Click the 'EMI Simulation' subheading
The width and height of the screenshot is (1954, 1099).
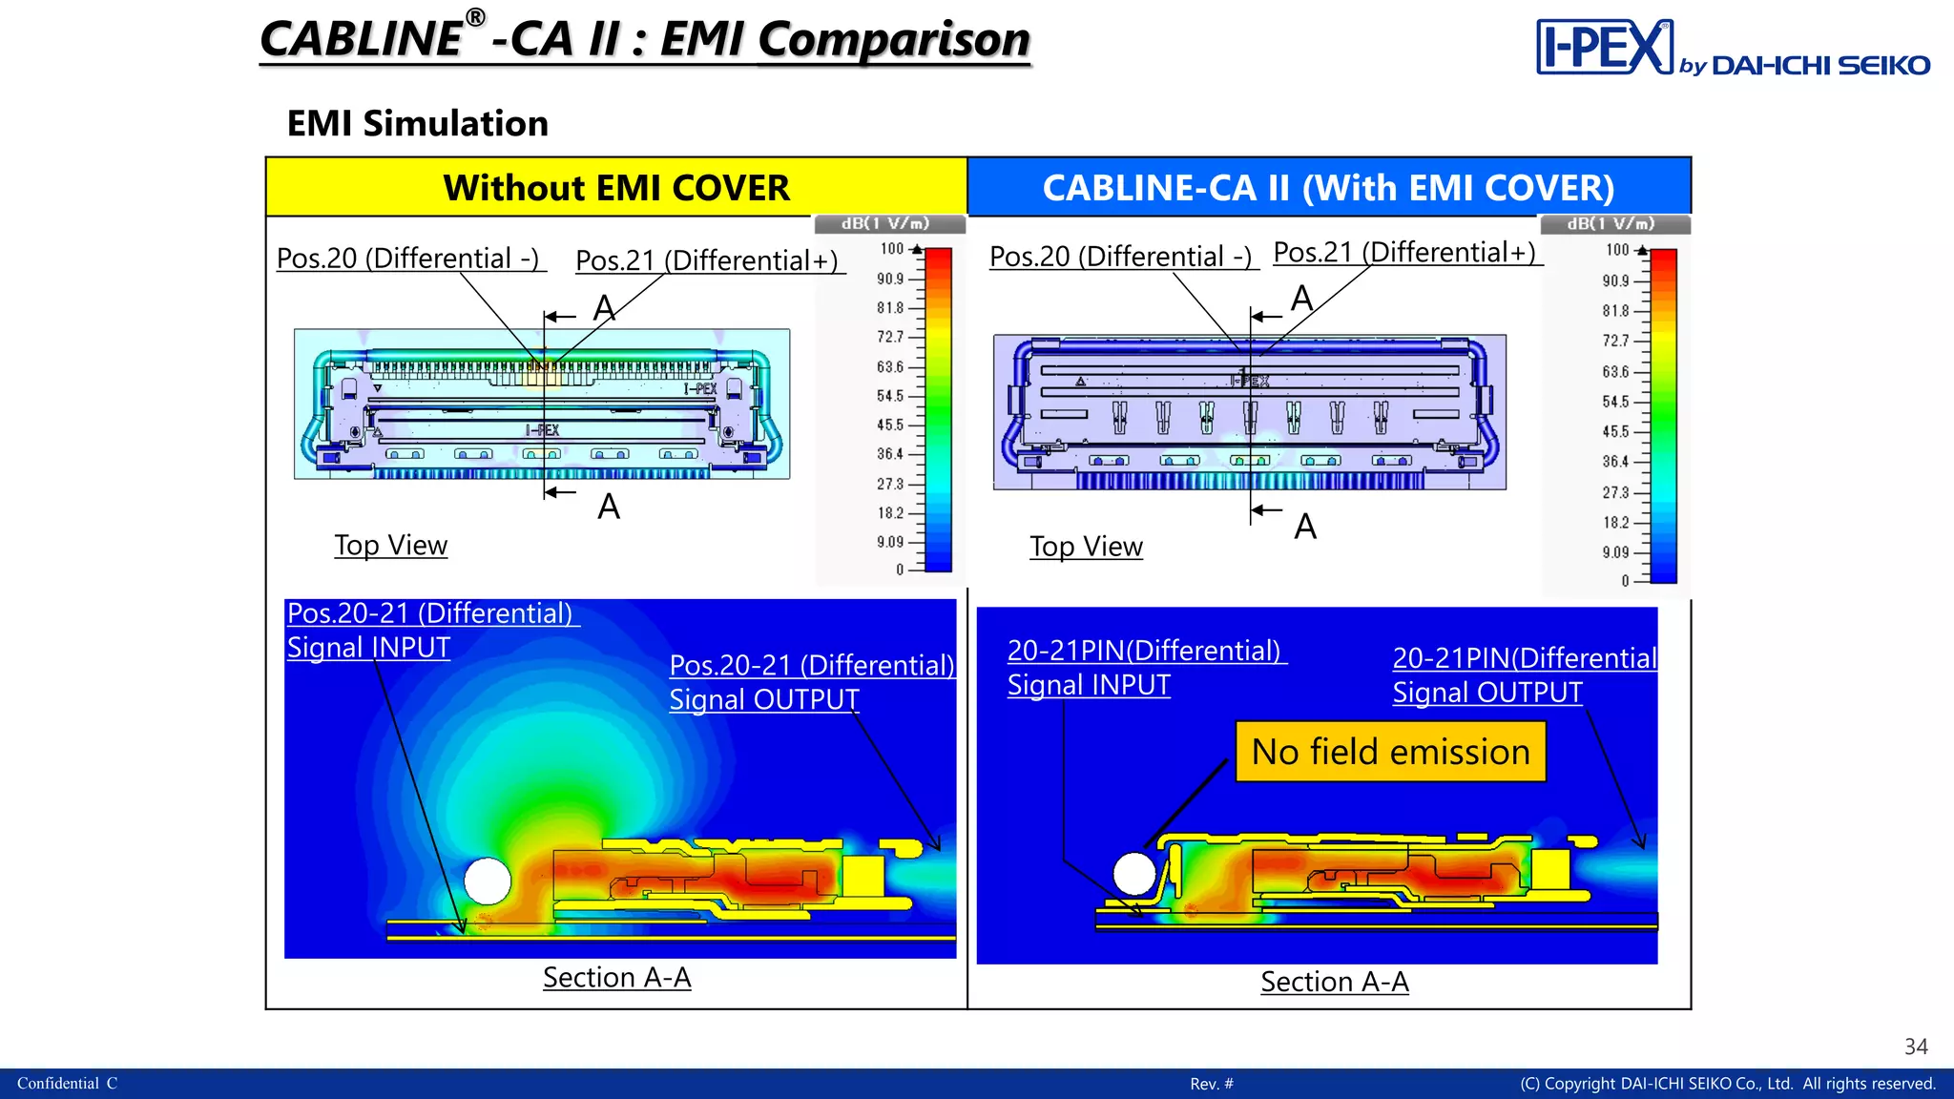click(418, 123)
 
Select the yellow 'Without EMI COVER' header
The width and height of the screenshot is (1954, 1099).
click(616, 187)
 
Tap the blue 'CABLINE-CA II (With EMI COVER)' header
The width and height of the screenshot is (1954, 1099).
click(1329, 187)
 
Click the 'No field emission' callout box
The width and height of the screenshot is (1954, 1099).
click(1390, 752)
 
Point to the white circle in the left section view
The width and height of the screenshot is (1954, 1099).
click(488, 881)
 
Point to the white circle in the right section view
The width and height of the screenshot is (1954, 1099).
click(1135, 873)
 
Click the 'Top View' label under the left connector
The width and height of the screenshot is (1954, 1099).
click(391, 545)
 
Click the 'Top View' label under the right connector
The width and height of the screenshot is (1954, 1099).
click(1086, 547)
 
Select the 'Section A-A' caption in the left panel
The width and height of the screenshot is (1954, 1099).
click(617, 978)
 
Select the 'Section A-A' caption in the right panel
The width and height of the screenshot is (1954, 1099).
click(1335, 982)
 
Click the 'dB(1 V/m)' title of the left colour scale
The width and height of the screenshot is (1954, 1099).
click(885, 223)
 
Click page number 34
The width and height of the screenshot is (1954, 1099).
click(1916, 1047)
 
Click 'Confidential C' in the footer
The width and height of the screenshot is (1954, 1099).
click(67, 1084)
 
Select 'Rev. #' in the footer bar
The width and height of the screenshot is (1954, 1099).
click(1212, 1084)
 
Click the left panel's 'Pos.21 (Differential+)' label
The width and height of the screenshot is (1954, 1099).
click(707, 260)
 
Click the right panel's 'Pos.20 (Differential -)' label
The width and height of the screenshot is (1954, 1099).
click(1121, 257)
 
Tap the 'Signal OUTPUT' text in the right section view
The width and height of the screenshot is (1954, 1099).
click(1487, 693)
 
